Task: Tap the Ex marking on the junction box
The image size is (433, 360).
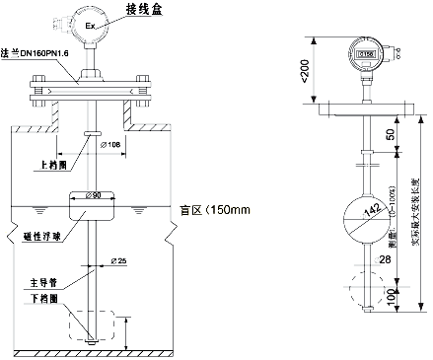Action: (x=91, y=25)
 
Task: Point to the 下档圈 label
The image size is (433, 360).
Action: (x=39, y=295)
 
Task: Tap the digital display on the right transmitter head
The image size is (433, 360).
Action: (x=364, y=55)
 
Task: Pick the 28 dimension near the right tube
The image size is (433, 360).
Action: (x=384, y=258)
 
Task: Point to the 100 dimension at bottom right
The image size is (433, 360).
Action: (x=390, y=295)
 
